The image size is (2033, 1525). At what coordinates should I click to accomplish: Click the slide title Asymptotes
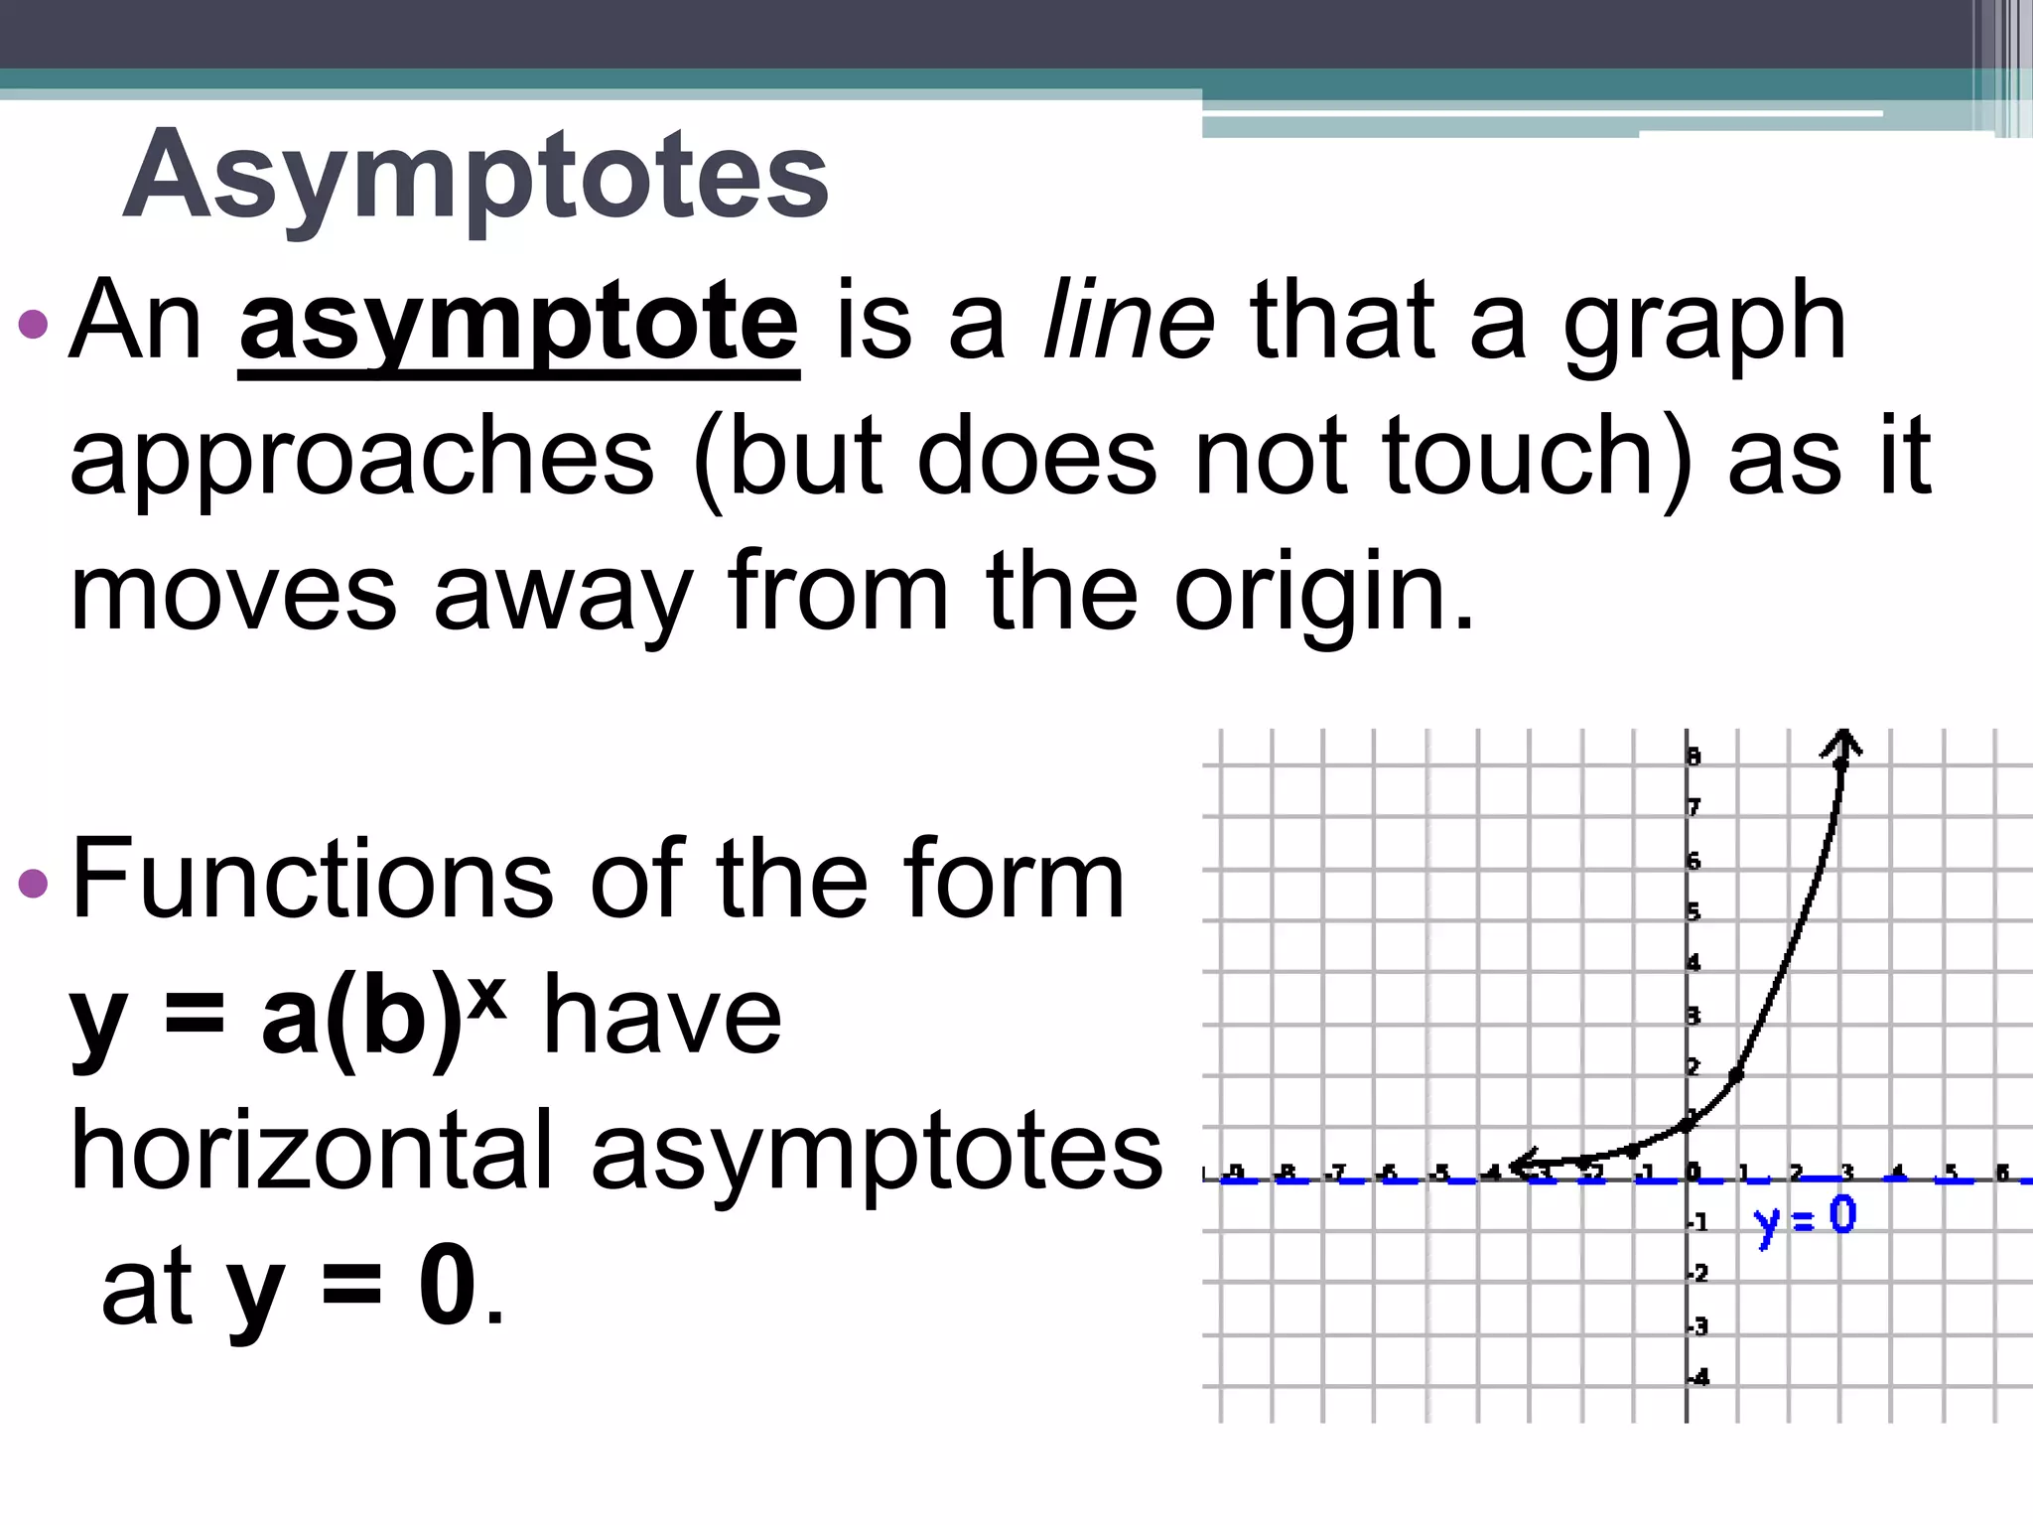pos(475,176)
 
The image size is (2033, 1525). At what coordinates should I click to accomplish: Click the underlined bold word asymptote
pos(519,322)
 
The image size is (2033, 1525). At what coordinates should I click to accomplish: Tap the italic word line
pos(1128,320)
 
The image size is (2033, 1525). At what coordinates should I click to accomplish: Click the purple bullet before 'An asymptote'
pos(33,324)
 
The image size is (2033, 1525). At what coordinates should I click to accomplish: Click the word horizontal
pos(312,1152)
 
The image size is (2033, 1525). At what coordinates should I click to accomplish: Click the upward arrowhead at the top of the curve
pos(1842,742)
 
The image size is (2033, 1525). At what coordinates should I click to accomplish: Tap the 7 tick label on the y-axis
pos(1694,806)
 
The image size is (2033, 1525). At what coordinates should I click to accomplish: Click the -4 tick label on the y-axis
pos(1699,1377)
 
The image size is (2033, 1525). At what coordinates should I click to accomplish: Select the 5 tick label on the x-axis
pos(1951,1172)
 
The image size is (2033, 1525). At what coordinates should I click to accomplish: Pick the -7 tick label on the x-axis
pos(1337,1173)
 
